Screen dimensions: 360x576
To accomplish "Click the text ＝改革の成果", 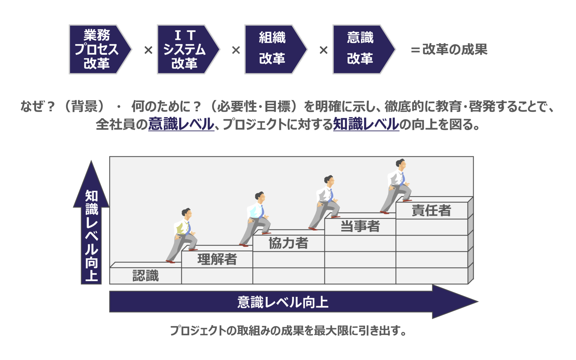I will [449, 49].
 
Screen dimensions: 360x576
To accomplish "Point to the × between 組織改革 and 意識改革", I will [323, 50].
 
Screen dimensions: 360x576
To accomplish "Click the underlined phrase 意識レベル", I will [181, 124].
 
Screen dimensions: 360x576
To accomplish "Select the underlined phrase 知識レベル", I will [366, 124].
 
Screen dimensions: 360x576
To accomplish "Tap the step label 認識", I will [146, 276].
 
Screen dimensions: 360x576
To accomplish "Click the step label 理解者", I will [217, 259].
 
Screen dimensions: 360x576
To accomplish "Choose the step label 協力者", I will [288, 243].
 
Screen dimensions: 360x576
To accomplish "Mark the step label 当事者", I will [360, 226].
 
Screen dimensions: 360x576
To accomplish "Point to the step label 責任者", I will [431, 210].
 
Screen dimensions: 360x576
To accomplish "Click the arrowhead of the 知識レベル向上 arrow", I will [91, 184].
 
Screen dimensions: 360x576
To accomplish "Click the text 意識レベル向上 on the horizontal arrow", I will [283, 302].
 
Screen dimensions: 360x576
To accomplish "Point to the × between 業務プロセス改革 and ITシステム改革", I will [148, 50].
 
